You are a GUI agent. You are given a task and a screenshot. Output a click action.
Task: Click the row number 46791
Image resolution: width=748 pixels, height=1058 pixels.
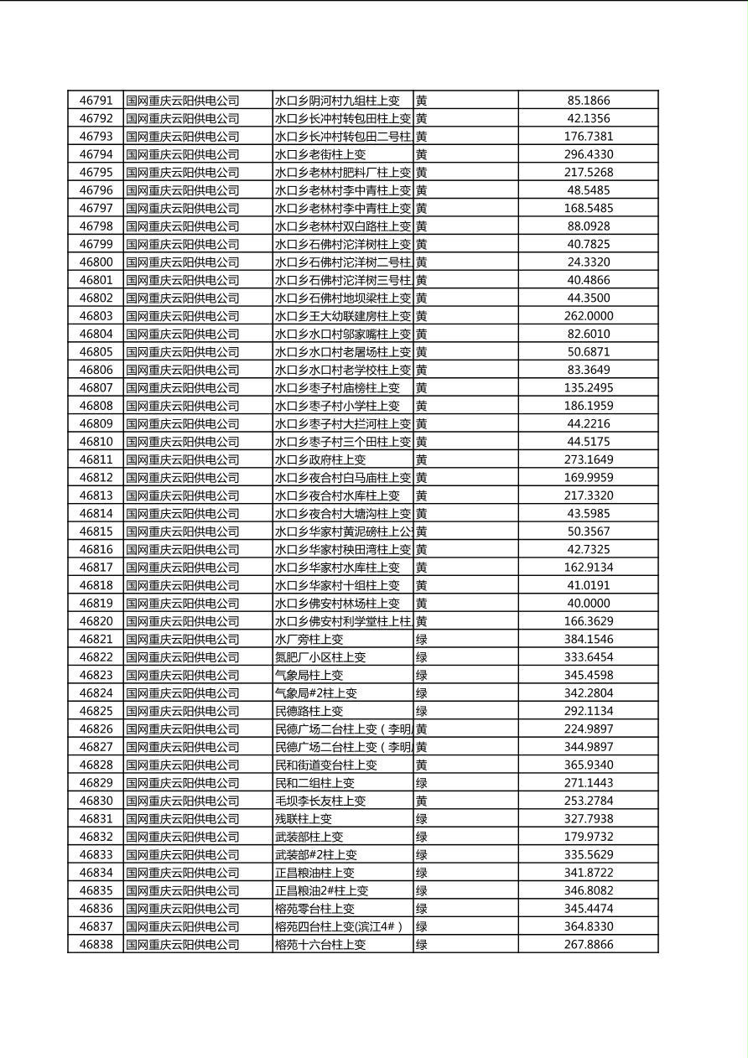(96, 101)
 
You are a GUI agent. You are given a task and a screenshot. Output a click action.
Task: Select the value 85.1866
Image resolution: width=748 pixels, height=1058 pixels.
(588, 101)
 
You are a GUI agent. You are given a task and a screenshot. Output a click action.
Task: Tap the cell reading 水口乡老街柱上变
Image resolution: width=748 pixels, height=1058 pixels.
(320, 154)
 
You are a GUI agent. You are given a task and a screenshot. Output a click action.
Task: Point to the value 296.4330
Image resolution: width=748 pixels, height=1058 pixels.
(588, 154)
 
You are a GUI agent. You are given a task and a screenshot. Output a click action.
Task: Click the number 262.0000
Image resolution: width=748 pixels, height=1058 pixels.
(588, 316)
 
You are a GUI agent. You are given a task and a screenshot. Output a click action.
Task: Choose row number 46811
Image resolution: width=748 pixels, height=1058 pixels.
(96, 459)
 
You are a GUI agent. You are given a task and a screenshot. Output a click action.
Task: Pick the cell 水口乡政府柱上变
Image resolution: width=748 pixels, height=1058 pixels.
(320, 459)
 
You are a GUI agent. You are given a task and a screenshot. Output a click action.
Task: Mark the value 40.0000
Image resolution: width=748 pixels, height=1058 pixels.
(588, 603)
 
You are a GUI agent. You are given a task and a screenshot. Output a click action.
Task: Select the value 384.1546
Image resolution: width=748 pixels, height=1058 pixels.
(588, 639)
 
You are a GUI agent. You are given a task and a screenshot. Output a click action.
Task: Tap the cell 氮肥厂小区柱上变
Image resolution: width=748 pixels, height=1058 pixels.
(320, 657)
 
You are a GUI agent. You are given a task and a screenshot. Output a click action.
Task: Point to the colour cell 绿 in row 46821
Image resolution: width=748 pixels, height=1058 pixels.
(422, 639)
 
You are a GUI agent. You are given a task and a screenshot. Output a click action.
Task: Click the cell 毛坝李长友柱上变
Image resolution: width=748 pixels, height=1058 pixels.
(320, 801)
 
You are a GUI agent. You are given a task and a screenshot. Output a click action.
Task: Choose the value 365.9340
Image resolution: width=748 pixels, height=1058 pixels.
(588, 765)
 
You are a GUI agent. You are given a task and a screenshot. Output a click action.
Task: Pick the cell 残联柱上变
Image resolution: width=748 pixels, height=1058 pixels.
(304, 818)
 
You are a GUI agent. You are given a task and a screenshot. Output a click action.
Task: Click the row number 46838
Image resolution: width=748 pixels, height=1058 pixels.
(96, 944)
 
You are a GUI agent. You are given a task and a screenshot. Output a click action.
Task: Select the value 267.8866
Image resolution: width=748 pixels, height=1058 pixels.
(588, 944)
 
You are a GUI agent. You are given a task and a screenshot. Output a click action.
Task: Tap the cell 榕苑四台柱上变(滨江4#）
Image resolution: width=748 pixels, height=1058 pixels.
(339, 926)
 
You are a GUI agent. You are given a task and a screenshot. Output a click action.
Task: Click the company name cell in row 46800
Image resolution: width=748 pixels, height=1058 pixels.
(182, 262)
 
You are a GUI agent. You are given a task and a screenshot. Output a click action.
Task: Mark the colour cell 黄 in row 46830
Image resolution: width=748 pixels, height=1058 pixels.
(422, 801)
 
